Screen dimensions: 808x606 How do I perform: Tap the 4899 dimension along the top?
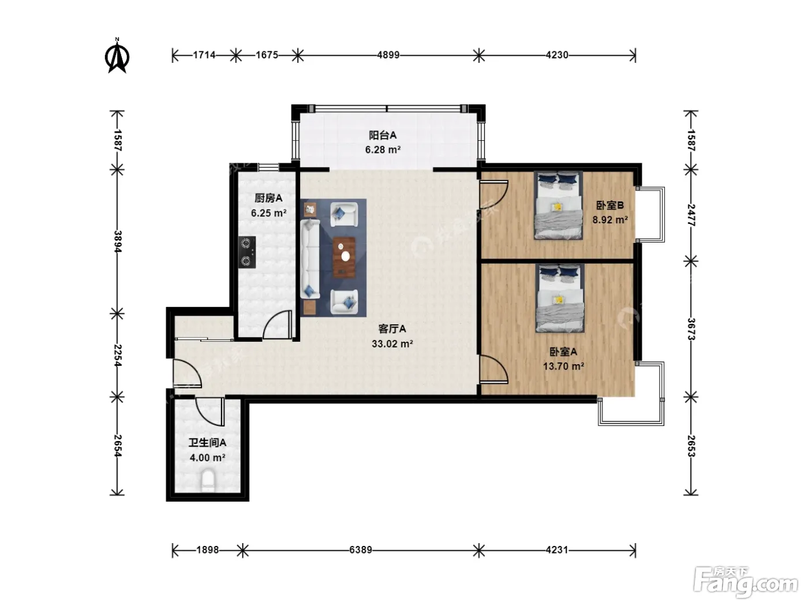pos(388,55)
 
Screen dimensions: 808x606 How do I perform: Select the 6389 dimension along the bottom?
pos(360,549)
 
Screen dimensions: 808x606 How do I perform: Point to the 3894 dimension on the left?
pos(117,241)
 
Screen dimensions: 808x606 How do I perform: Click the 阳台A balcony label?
pos(383,136)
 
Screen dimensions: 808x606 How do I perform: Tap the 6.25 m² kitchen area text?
pos(269,213)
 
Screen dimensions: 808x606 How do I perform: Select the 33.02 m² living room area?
pos(392,343)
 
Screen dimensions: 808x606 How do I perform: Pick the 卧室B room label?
pos(610,205)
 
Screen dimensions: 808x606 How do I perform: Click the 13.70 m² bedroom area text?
pos(563,366)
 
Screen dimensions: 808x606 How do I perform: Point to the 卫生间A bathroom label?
pos(207,443)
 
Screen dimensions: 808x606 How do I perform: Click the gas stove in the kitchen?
pos(247,252)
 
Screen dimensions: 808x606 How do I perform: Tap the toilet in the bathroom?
pos(208,480)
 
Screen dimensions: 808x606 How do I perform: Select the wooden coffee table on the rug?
pos(344,257)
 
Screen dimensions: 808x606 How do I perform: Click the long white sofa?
pos(309,259)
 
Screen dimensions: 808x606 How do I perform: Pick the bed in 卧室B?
pos(558,205)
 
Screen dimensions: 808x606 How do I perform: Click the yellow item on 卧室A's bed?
pos(559,300)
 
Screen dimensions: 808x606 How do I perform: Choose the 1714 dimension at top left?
pos(204,55)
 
